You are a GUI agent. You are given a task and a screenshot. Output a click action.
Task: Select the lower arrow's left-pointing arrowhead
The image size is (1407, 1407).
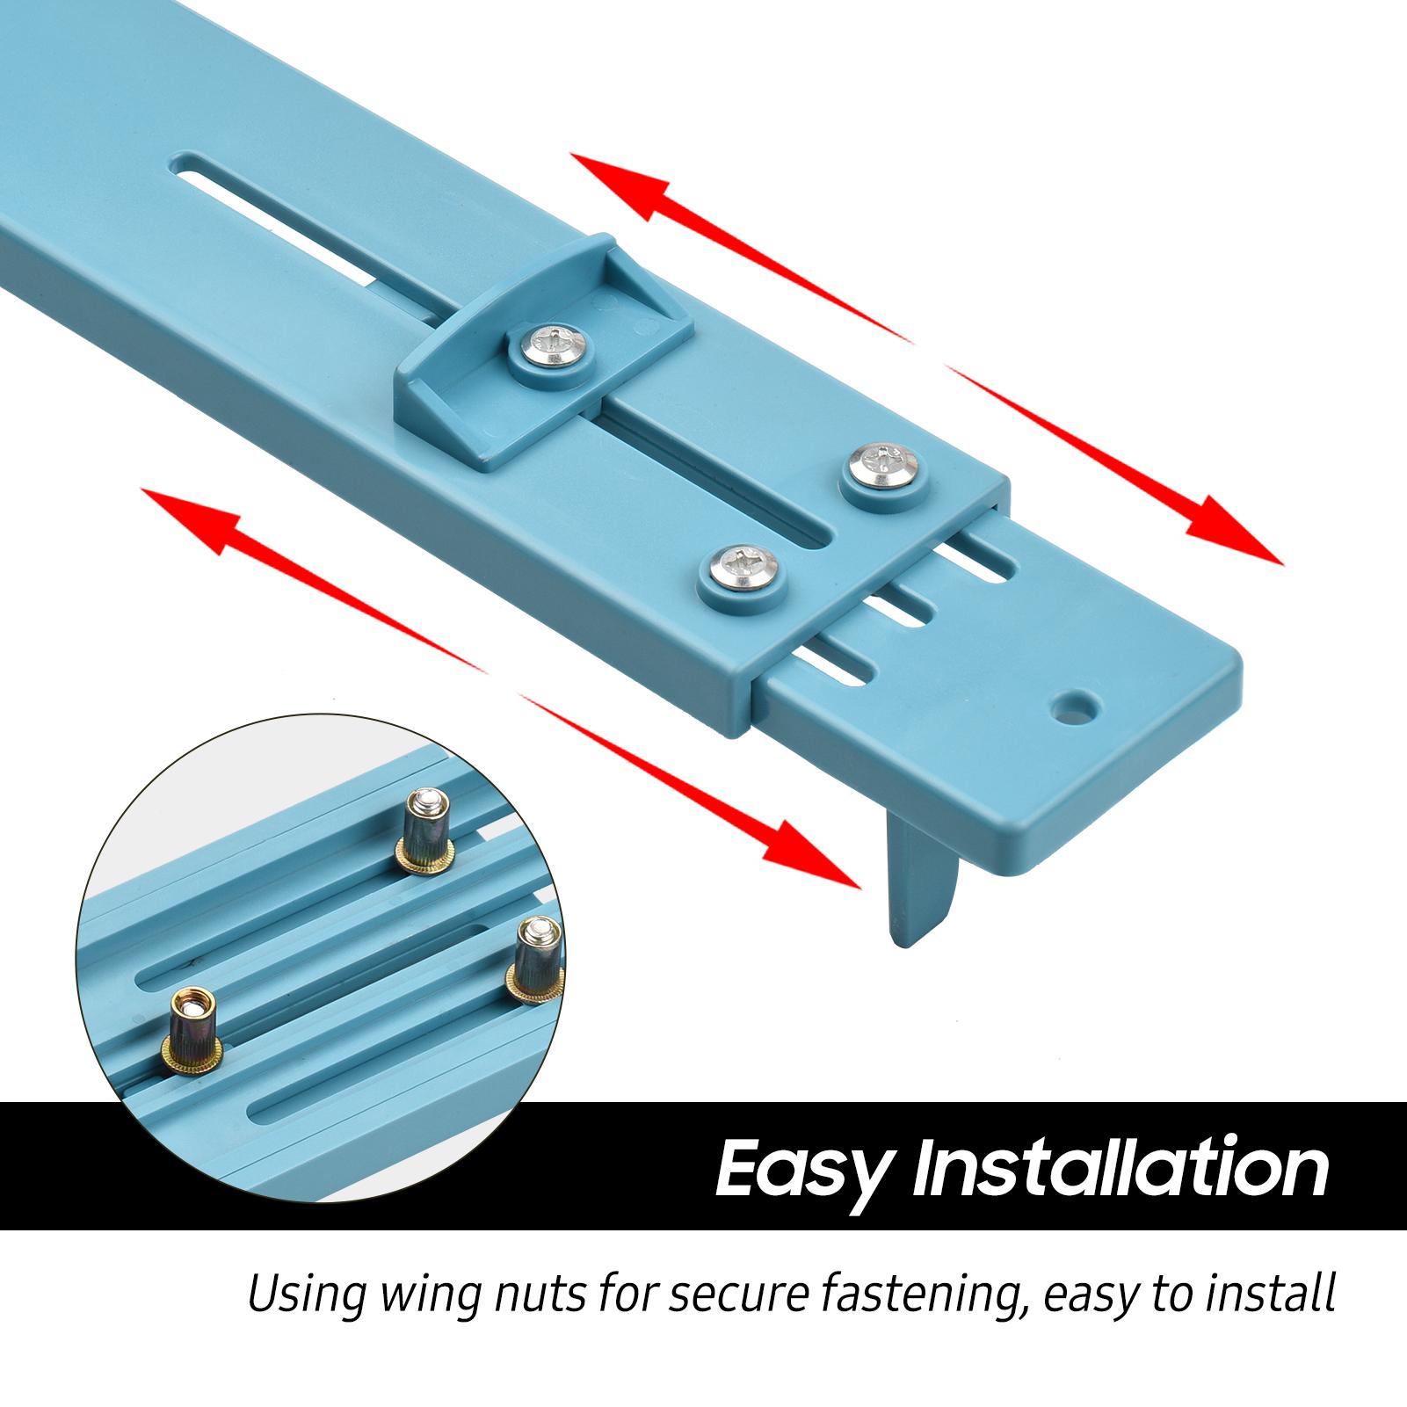point(193,523)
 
